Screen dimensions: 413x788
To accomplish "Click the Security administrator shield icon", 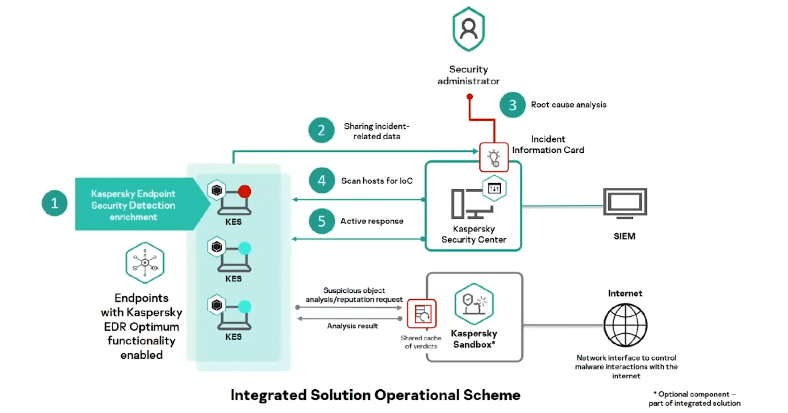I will point(469,29).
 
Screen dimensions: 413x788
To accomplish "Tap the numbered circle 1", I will point(54,203).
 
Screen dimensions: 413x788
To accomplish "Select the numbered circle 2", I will point(321,130).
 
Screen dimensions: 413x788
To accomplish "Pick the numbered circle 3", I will point(512,105).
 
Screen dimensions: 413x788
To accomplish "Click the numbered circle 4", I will point(322,180).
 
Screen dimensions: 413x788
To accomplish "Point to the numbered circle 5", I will point(322,221).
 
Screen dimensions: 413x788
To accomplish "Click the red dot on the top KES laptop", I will point(245,191).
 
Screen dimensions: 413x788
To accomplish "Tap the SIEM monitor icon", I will point(625,203).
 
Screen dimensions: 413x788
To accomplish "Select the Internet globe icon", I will point(625,325).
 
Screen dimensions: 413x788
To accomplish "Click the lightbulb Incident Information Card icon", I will point(494,157).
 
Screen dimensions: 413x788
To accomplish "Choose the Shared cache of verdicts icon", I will point(422,314).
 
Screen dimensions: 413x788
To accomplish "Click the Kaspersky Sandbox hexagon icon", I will point(474,304).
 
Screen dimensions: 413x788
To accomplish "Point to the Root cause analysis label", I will point(569,105).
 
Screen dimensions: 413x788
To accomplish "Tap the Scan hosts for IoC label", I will point(377,181).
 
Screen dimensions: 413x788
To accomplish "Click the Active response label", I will point(372,221).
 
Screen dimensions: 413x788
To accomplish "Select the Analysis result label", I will point(352,326).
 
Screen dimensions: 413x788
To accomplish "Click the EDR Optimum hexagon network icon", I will point(145,263).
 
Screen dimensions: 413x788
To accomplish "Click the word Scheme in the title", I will point(492,395).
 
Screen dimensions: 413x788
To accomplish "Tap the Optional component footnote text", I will point(694,399).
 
